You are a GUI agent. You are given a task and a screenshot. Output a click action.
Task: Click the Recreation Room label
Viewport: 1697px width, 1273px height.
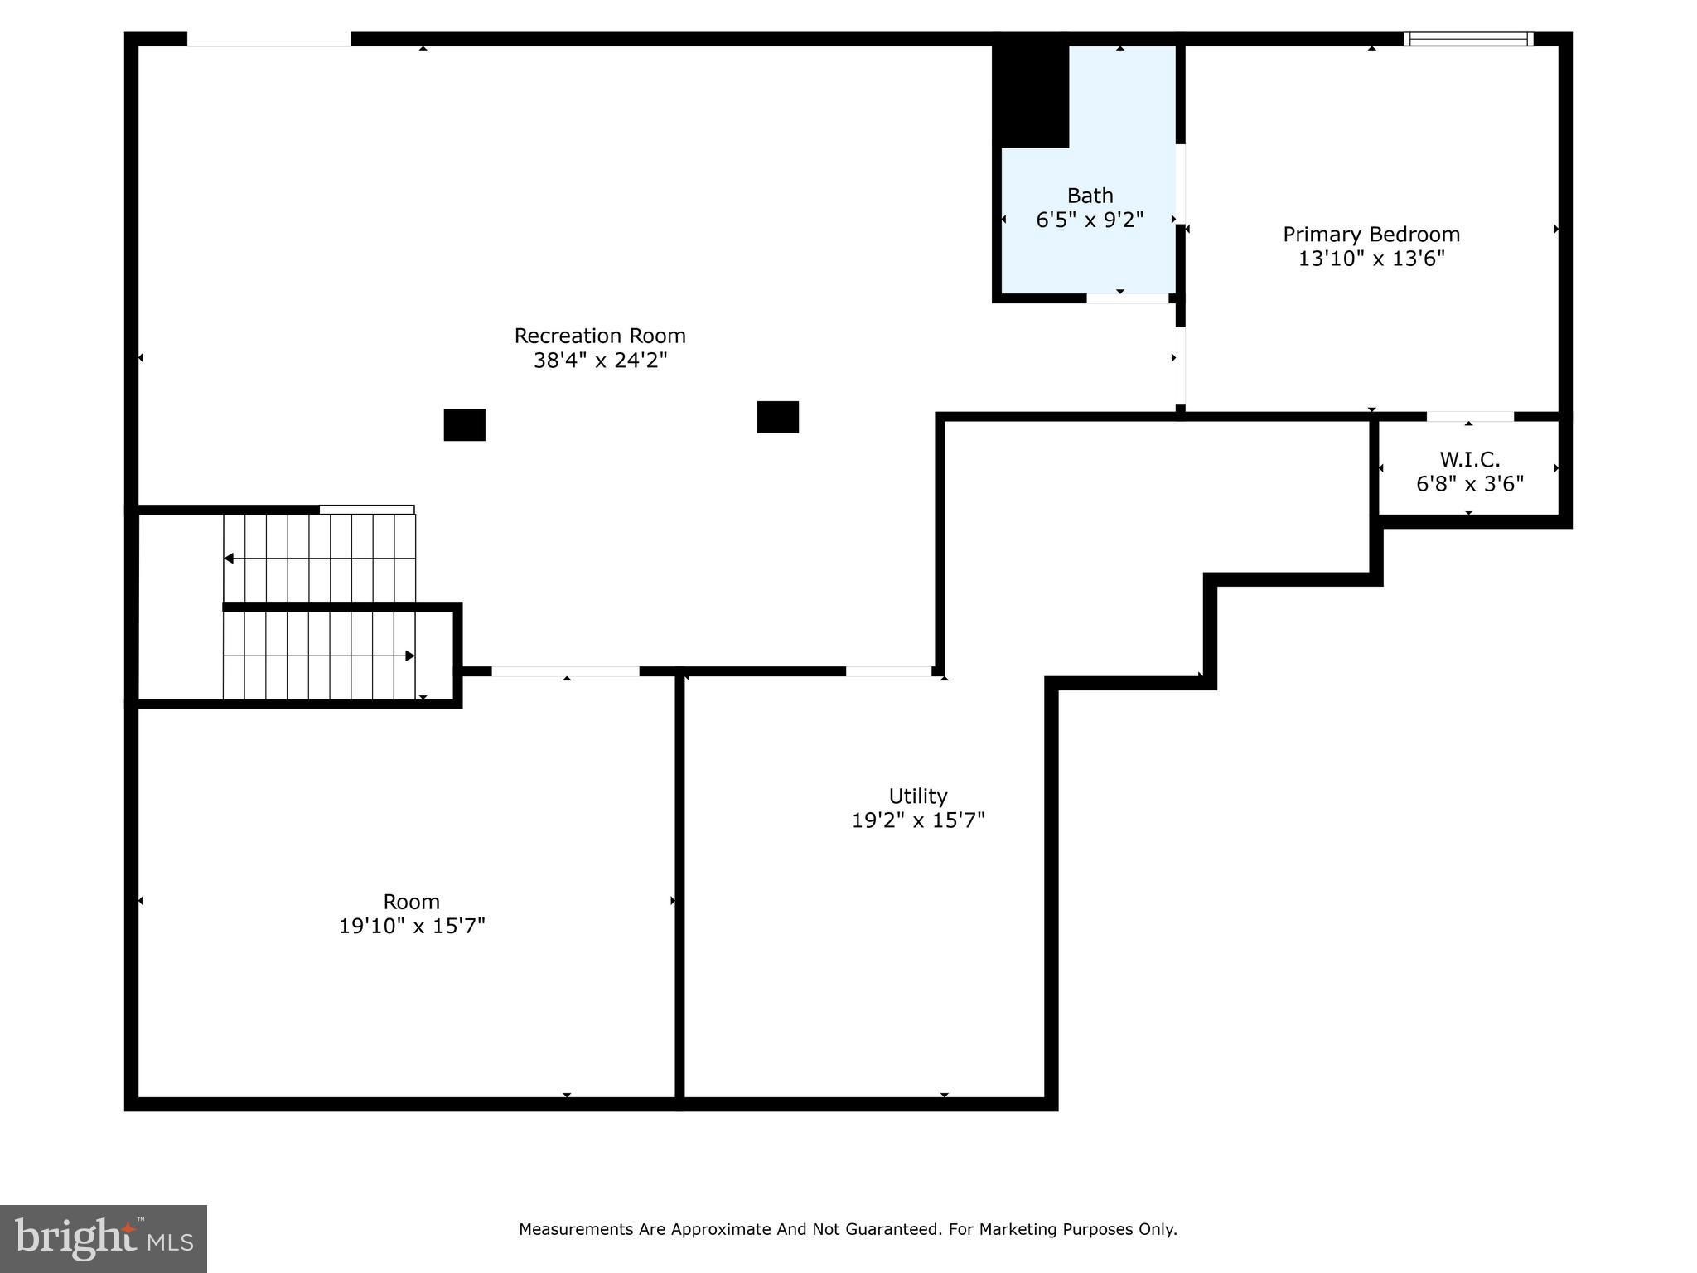point(600,336)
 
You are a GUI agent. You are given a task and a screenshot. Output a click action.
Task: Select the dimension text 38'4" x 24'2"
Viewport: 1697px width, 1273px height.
point(600,361)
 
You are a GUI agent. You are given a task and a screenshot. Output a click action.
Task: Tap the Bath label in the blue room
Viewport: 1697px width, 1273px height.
point(1090,196)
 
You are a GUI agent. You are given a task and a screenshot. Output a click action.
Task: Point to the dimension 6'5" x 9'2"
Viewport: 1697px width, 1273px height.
point(1090,220)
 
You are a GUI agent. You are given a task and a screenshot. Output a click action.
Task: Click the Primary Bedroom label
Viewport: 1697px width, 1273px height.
point(1371,235)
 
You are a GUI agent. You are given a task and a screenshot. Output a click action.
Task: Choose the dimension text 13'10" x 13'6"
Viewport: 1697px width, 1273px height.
point(1371,259)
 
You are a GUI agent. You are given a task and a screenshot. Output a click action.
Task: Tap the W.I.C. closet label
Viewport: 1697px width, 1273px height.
point(1469,459)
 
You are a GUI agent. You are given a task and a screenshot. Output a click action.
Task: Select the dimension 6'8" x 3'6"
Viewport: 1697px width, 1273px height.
point(1469,484)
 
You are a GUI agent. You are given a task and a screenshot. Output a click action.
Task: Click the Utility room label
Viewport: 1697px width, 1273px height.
point(917,796)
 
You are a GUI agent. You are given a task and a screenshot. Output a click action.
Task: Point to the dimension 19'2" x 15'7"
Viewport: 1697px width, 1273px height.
point(917,820)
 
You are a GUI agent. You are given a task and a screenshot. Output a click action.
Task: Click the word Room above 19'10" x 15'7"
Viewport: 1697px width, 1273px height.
point(411,902)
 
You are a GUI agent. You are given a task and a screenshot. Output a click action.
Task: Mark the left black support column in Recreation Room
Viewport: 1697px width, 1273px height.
point(464,425)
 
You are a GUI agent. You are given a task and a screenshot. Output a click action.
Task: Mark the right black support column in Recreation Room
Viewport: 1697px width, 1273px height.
point(777,417)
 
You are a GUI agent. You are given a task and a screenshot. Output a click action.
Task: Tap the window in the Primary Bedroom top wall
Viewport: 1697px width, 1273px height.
point(1467,39)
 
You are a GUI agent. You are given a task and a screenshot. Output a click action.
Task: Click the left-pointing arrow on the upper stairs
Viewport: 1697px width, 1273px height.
point(230,559)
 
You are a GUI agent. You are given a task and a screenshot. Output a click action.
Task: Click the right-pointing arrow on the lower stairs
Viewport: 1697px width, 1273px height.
point(409,656)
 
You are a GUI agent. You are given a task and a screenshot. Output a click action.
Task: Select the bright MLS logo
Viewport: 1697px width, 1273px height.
point(104,1238)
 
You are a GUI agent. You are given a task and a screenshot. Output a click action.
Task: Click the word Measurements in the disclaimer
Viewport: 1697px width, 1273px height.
point(576,1229)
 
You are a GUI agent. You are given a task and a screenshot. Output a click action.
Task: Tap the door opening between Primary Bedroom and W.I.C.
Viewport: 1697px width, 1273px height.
point(1469,416)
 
